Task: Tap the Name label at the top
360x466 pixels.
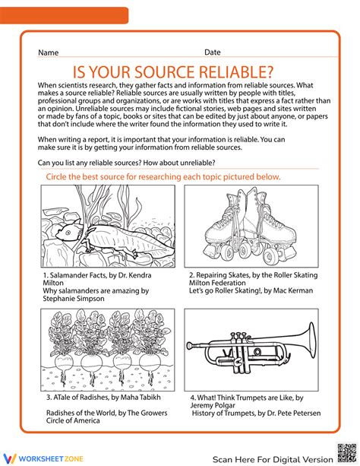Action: coord(49,52)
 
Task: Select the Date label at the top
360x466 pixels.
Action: coord(213,52)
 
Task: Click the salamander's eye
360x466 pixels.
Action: coord(68,233)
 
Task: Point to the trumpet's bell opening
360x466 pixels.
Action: coord(311,341)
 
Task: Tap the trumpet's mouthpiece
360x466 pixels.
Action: coord(190,345)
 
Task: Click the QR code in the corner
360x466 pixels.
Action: coord(346,453)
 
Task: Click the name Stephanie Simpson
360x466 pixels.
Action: coord(74,299)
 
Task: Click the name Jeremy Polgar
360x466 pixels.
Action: coord(213,405)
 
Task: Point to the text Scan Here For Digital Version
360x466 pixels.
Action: coord(273,459)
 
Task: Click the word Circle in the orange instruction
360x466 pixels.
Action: coord(56,177)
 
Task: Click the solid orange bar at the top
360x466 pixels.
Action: coord(64,15)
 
